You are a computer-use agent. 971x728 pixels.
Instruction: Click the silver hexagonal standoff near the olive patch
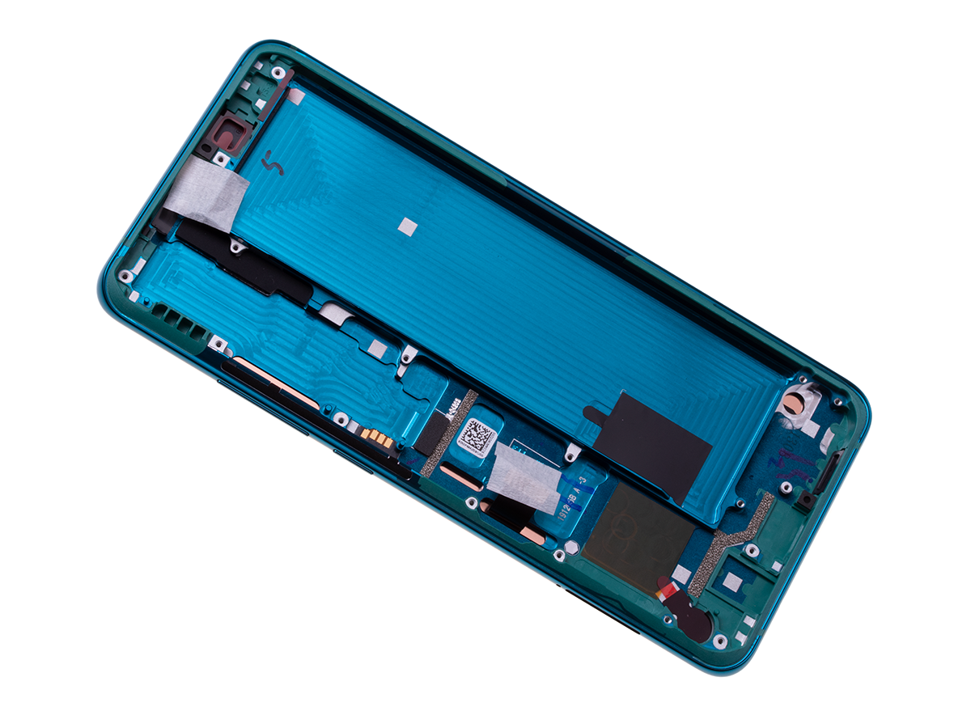point(558,555)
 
